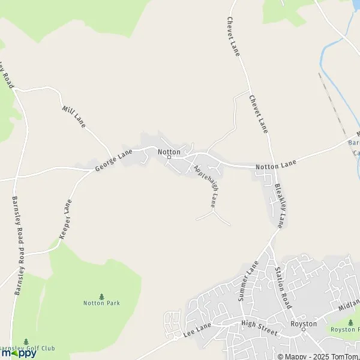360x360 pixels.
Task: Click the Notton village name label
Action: [x=169, y=152]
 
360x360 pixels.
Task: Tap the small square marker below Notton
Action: [x=169, y=158]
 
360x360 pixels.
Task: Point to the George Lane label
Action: [x=113, y=161]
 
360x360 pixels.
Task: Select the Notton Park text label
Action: [x=101, y=303]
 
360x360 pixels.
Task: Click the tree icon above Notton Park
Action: [x=101, y=296]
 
